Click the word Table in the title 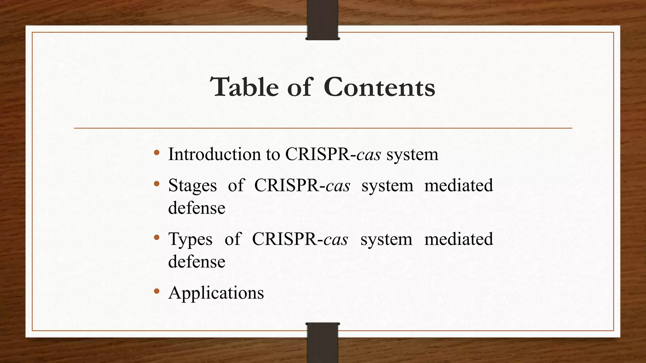pos(244,87)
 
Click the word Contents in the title pos(379,87)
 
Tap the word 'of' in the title pos(299,87)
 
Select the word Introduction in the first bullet pos(214,154)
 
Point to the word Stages pos(192,185)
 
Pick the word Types pos(190,239)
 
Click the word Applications pos(216,293)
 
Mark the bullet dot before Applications pos(157,291)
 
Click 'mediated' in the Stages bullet pos(458,185)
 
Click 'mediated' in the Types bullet pos(458,239)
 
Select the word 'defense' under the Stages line pos(197,208)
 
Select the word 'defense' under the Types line pos(197,262)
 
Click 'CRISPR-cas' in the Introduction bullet pos(333,154)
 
